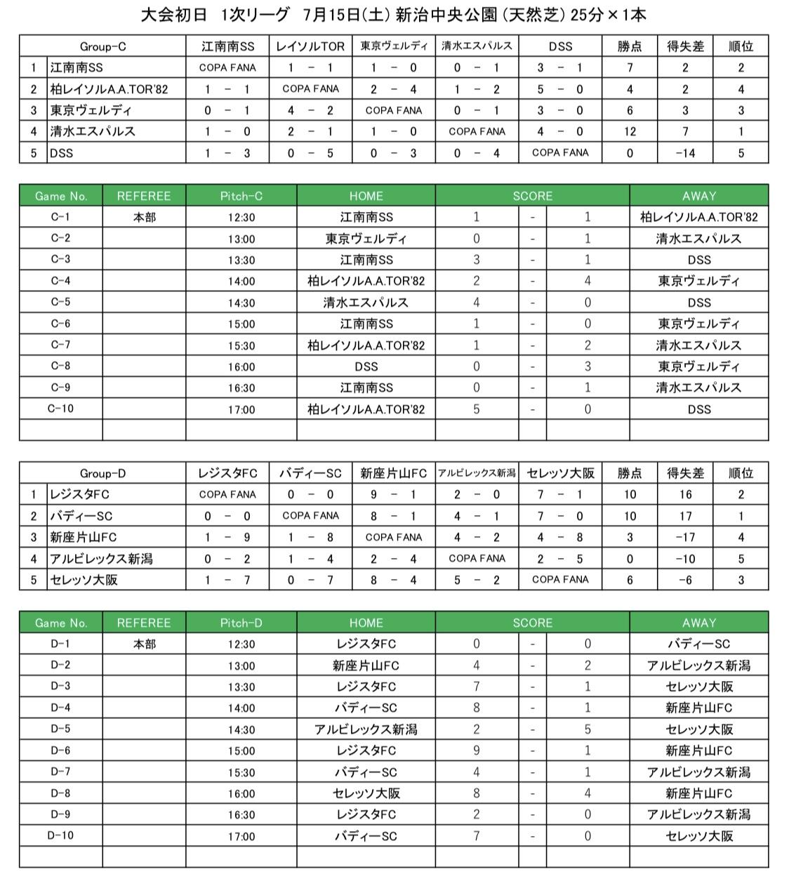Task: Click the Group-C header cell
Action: click(102, 46)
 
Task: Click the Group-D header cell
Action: click(102, 473)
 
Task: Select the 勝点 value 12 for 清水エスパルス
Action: click(630, 131)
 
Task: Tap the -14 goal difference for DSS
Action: click(685, 152)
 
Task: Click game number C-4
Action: click(60, 281)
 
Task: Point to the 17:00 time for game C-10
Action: click(241, 409)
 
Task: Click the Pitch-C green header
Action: click(241, 196)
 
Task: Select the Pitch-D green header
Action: click(241, 623)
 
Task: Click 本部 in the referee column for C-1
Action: click(144, 218)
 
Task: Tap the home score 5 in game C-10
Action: click(477, 409)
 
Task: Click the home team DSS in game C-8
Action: click(366, 366)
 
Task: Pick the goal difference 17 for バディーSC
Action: click(685, 516)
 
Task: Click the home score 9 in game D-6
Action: click(477, 751)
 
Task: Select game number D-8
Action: click(60, 793)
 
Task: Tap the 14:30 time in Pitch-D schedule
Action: click(241, 729)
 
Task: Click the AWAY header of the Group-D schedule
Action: click(698, 623)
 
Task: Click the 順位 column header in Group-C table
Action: click(741, 46)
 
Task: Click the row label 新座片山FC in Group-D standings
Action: click(83, 537)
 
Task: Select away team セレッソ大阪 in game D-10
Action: click(698, 836)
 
